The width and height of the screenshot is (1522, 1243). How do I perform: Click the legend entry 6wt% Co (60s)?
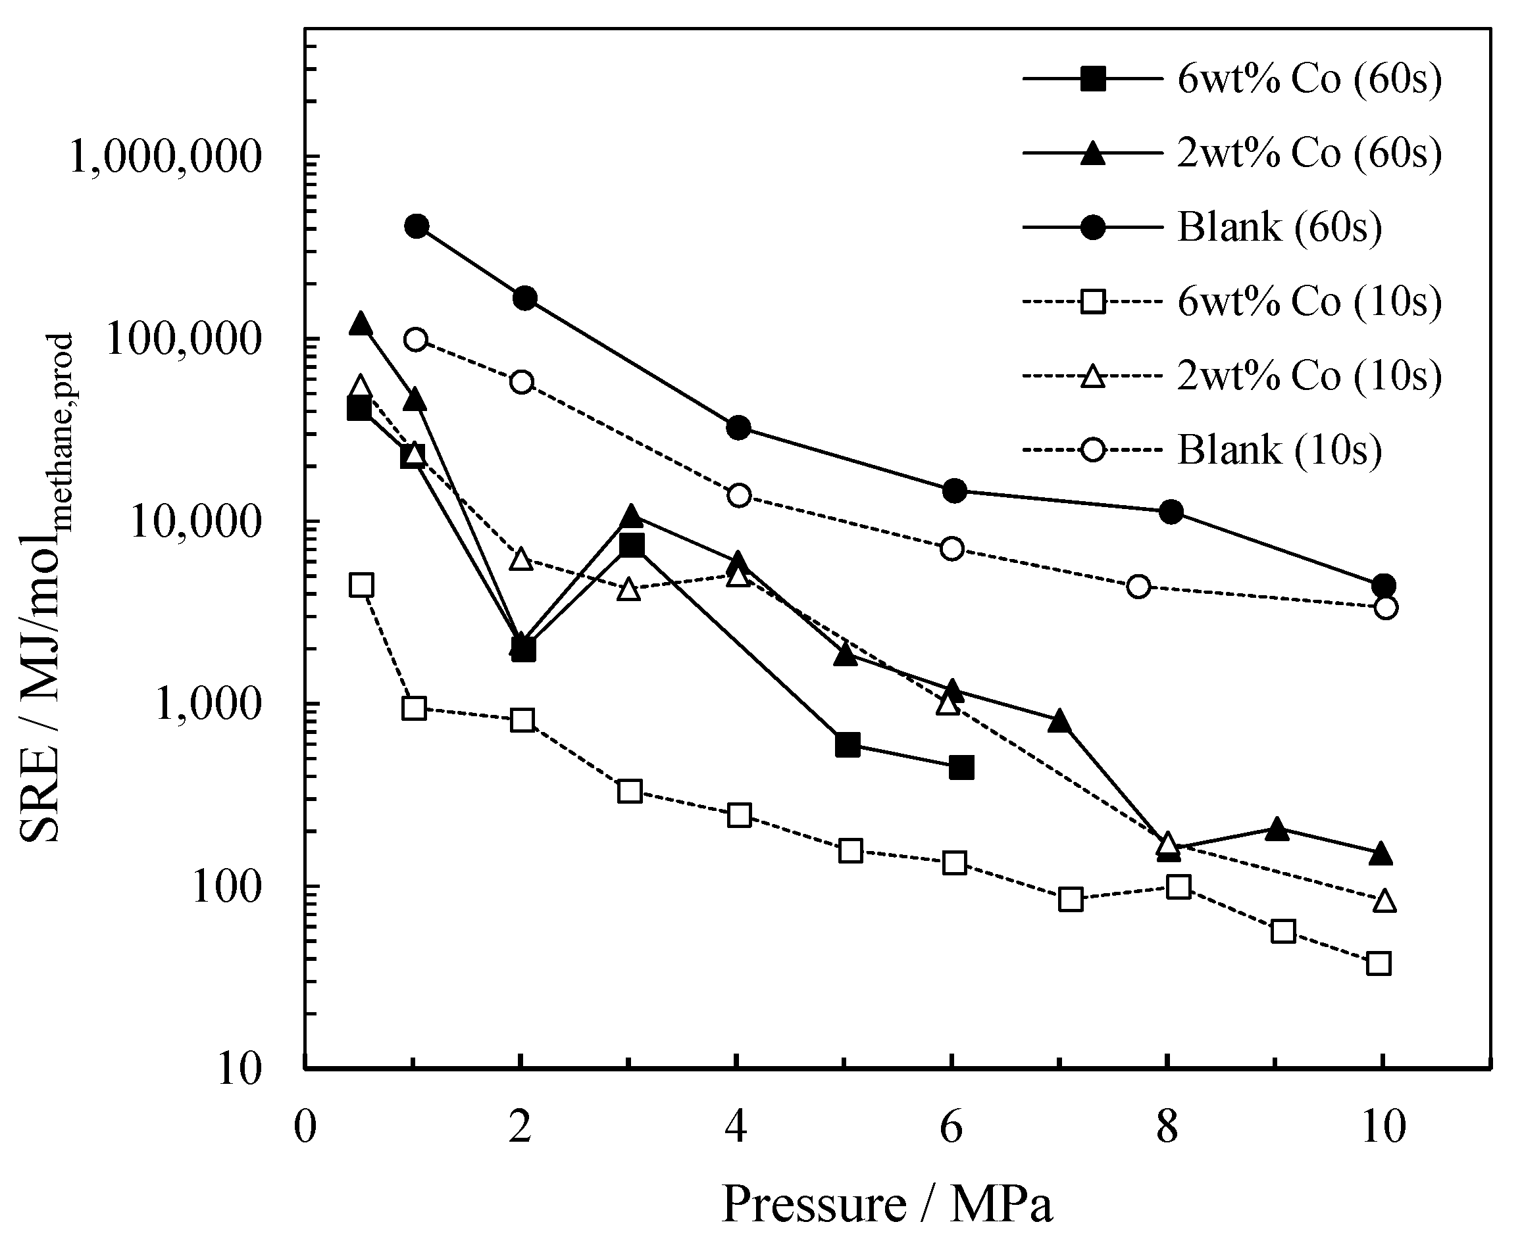coord(1309,80)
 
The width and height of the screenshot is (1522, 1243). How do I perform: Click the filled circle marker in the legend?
coord(1093,228)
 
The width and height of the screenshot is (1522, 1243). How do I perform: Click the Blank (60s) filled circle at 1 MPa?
coord(416,226)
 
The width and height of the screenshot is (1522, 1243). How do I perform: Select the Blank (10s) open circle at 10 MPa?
coord(1386,608)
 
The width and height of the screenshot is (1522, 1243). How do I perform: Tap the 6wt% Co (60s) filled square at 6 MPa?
coord(961,768)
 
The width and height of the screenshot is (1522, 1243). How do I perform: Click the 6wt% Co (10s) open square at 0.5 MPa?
coord(361,585)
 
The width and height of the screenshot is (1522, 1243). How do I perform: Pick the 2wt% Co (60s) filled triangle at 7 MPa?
coord(1060,721)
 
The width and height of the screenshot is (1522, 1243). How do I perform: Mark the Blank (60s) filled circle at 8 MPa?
coord(1171,511)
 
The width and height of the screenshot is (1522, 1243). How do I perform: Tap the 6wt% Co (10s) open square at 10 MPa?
coord(1379,963)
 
